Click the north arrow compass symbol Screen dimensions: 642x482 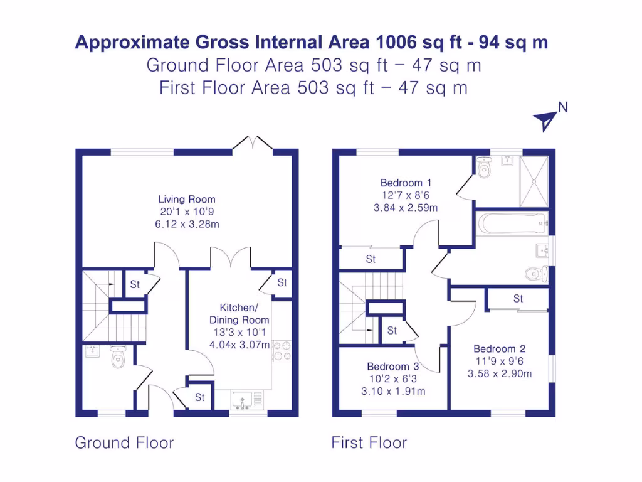pyautogui.click(x=547, y=118)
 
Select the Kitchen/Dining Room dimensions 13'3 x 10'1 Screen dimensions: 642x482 pyautogui.click(x=239, y=332)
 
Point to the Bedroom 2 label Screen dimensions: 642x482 pyautogui.click(x=499, y=349)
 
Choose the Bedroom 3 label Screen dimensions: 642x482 pyautogui.click(x=393, y=367)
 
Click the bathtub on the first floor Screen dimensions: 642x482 pyautogui.click(x=512, y=223)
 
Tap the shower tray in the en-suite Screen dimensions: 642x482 pyautogui.click(x=534, y=181)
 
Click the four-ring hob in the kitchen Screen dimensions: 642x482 pyautogui.click(x=282, y=350)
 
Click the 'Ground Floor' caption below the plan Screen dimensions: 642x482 pyautogui.click(x=124, y=442)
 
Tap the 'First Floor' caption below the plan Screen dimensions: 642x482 pyautogui.click(x=369, y=443)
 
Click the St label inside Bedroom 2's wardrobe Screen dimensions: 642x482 pyautogui.click(x=518, y=298)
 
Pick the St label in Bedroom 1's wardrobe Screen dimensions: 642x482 pyautogui.click(x=371, y=259)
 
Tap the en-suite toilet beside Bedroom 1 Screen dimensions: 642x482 pyautogui.click(x=484, y=168)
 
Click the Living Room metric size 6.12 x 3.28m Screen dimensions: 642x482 pyautogui.click(x=187, y=224)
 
